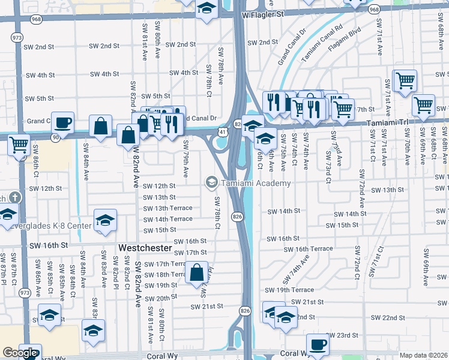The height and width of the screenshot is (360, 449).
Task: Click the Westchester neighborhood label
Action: click(x=145, y=248)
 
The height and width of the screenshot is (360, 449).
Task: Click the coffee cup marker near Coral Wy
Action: click(x=318, y=345)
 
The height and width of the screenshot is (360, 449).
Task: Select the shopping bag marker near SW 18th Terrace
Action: click(x=196, y=273)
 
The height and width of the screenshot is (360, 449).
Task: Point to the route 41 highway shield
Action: click(x=222, y=131)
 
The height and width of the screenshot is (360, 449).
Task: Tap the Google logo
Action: click(x=20, y=353)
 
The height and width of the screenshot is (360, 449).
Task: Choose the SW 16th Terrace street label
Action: click(x=309, y=249)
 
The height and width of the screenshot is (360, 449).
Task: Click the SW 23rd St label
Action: click(x=342, y=335)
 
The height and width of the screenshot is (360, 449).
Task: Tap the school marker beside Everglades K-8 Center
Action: click(x=105, y=220)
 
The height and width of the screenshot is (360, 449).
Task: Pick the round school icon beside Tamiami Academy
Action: click(x=211, y=182)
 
